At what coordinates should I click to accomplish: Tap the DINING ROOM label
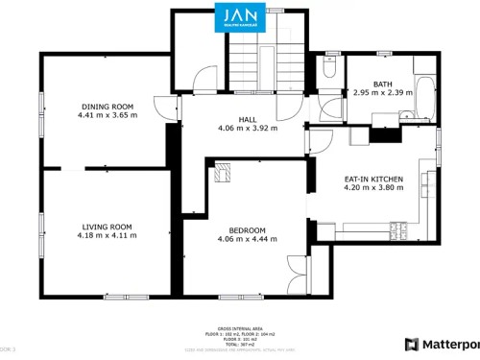pyautogui.click(x=107, y=106)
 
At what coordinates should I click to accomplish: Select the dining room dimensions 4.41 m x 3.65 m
pyautogui.click(x=107, y=115)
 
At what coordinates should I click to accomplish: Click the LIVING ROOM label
pyautogui.click(x=106, y=227)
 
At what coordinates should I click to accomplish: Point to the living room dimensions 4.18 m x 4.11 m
pyautogui.click(x=106, y=236)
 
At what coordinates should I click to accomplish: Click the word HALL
pyautogui.click(x=247, y=119)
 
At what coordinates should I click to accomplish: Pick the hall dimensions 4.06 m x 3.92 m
pyautogui.click(x=247, y=129)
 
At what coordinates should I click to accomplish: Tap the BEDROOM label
pyautogui.click(x=247, y=230)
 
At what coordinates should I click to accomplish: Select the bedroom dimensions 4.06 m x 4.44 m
pyautogui.click(x=247, y=240)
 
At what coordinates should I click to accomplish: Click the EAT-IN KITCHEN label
pyautogui.click(x=373, y=180)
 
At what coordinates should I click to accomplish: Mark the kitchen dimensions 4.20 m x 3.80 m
pyautogui.click(x=373, y=189)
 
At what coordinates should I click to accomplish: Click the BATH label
pyautogui.click(x=382, y=84)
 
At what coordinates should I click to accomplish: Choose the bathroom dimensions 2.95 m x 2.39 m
pyautogui.click(x=382, y=93)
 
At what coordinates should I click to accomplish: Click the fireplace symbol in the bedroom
pyautogui.click(x=223, y=174)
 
